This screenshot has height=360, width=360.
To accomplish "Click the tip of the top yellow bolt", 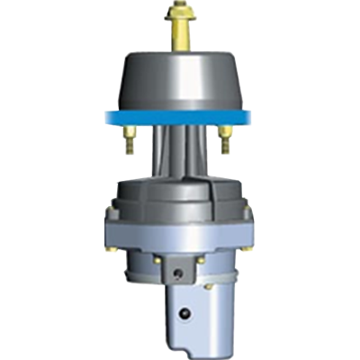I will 180,6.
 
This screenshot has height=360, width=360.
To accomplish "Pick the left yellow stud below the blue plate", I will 130,136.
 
